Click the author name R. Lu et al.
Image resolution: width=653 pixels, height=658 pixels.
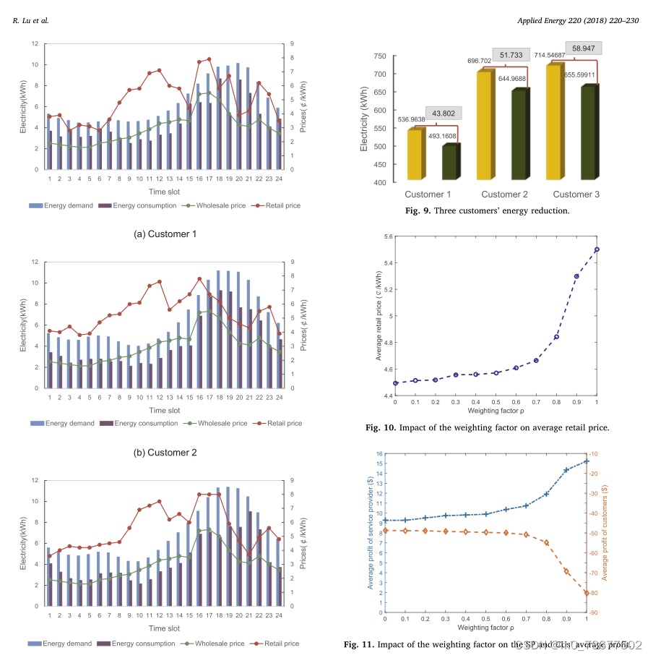(31, 20)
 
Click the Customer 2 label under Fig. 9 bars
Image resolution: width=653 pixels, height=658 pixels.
(501, 195)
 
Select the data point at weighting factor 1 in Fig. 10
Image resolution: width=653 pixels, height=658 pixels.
(597, 249)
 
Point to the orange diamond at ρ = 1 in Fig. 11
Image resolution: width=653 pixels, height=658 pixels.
(587, 593)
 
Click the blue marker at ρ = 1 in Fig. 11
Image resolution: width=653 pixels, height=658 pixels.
(587, 461)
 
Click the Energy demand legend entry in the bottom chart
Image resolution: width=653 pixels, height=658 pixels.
(61, 643)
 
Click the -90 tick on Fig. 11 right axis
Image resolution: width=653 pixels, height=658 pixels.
(604, 612)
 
